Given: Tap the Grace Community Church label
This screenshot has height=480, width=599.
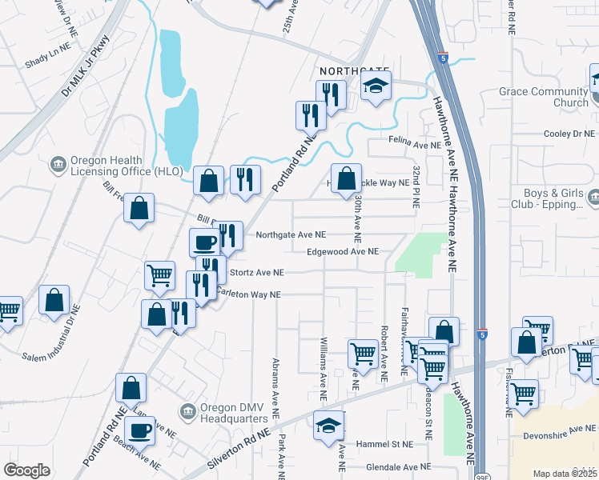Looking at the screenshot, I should tap(543, 97).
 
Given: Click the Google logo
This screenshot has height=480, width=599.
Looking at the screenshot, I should tap(26, 470).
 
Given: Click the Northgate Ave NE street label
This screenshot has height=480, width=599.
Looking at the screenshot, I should tap(290, 235).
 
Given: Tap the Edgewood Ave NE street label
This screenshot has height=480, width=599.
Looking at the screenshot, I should tap(341, 251).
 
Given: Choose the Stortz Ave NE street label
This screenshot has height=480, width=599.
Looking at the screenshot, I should tap(257, 272).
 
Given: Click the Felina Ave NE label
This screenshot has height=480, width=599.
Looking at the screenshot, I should tap(415, 146).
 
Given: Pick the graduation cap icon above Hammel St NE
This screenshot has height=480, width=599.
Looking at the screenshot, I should tap(328, 426).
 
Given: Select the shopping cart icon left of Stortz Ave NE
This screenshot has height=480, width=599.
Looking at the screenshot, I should tap(159, 274).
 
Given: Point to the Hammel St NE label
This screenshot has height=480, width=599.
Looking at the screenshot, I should tap(388, 444).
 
